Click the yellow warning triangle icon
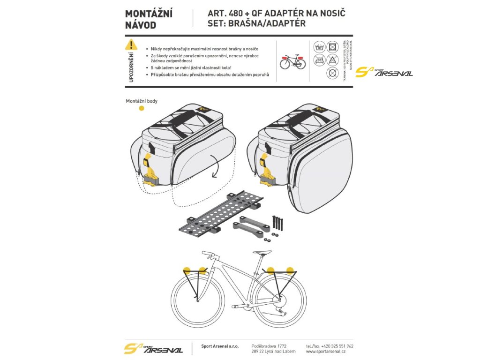tap(132, 45)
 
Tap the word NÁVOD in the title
tap(141, 25)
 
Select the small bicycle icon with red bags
tap(292, 60)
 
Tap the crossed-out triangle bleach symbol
tap(332, 60)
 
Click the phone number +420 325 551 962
tap(330, 346)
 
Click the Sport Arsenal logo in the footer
tap(153, 349)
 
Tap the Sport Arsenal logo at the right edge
tap(384, 73)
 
